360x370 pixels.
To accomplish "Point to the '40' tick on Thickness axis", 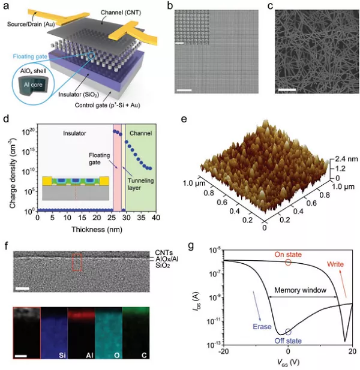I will tap(155, 219).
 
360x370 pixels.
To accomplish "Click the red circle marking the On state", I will tap(288, 262).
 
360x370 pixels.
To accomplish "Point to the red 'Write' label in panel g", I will tap(338, 263).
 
